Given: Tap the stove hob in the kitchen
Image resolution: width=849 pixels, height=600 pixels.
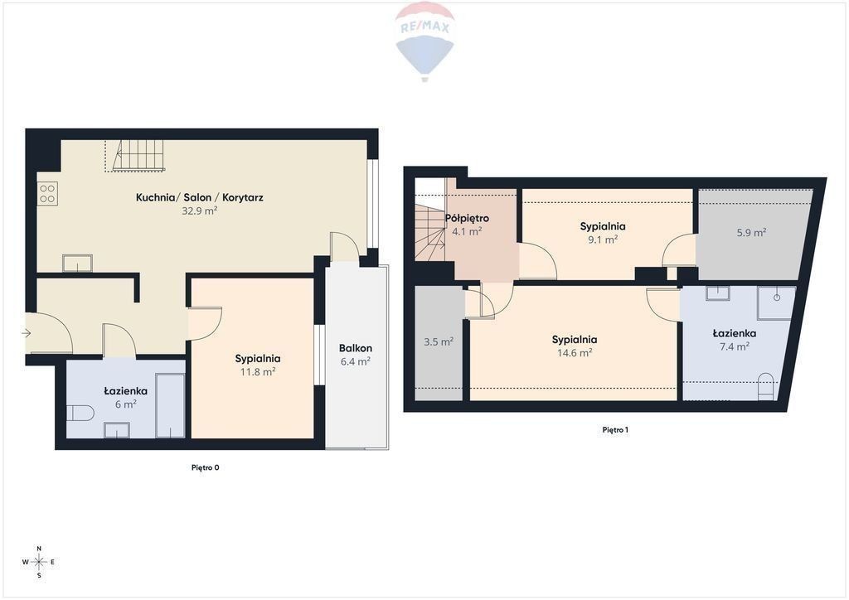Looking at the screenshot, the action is (x=47, y=194).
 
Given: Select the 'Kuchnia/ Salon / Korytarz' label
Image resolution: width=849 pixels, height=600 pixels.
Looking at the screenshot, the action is (x=199, y=197).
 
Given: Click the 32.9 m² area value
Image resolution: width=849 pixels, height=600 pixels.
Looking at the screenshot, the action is (x=199, y=211).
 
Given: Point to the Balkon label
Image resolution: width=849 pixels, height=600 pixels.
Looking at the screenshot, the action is (x=355, y=348).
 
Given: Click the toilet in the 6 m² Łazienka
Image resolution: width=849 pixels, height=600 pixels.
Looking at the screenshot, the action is (x=80, y=414).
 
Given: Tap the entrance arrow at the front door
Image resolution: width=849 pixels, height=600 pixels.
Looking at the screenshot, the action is (x=26, y=333).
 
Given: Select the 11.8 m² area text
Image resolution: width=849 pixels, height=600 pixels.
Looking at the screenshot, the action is (x=258, y=372).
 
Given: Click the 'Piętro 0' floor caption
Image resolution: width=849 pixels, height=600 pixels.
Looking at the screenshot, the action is (x=206, y=467).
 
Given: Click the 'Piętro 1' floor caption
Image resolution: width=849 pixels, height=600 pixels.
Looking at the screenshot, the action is (x=615, y=430).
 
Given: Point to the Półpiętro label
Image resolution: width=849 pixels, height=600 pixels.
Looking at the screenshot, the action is (x=467, y=219).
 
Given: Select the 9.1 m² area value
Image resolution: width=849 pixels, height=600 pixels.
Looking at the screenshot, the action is (x=604, y=240).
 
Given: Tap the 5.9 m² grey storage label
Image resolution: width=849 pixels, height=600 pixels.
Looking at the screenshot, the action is (x=751, y=233).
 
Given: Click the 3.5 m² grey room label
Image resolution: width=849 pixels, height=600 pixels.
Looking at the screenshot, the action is (x=438, y=342).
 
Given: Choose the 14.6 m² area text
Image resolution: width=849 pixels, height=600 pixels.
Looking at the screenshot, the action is (x=575, y=353).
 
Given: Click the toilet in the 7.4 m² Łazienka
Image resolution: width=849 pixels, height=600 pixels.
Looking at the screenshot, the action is (x=765, y=385).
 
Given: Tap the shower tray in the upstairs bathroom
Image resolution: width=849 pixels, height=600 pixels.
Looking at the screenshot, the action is (x=776, y=303).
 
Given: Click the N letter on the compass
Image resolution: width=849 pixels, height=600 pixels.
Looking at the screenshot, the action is (x=39, y=549).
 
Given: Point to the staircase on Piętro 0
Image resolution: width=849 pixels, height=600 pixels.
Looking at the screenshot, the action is (x=135, y=156).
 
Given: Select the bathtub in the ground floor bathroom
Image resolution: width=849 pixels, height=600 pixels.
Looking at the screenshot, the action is (x=170, y=404).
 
